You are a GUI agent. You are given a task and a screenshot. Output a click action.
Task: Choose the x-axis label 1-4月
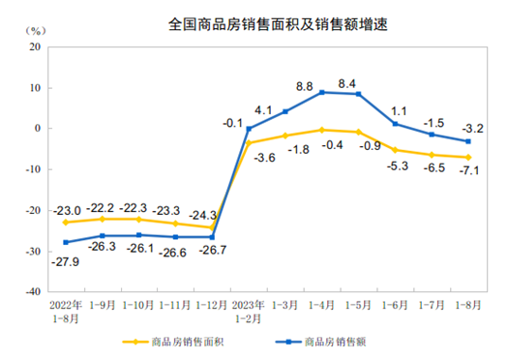click(322, 303)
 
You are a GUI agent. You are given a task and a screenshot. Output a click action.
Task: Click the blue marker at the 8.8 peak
click(322, 92)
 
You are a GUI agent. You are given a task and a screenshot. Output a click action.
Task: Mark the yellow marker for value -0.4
click(322, 129)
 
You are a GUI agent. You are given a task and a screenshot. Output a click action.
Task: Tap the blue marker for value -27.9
click(66, 242)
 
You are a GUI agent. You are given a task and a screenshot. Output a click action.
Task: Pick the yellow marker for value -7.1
click(468, 157)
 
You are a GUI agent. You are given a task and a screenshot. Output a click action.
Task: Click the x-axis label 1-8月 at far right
click(468, 303)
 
